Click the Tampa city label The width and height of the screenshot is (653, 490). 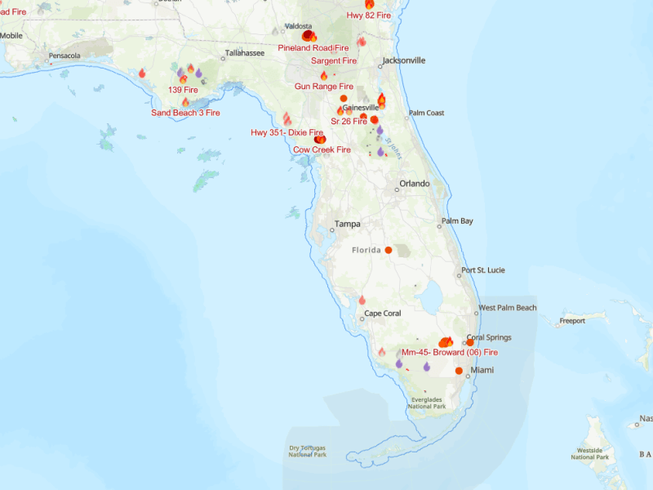point(347,224)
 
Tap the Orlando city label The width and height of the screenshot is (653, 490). point(414,184)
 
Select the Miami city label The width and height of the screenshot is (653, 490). point(483,370)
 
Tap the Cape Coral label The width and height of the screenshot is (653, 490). point(384,314)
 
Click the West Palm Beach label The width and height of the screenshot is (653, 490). point(508,308)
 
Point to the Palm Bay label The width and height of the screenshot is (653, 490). point(457,221)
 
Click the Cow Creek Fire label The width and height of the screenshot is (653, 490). point(322,150)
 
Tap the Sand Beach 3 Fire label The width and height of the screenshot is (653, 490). point(185,113)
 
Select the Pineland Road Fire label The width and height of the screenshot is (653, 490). point(313,48)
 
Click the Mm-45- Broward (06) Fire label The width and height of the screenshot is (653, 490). point(450,352)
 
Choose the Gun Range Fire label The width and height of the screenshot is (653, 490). point(324,86)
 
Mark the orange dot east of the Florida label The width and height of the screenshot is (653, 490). point(389,250)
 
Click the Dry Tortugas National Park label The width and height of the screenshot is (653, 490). point(308,451)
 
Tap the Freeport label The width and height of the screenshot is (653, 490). point(572,321)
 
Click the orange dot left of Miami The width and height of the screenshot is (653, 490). point(459,371)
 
